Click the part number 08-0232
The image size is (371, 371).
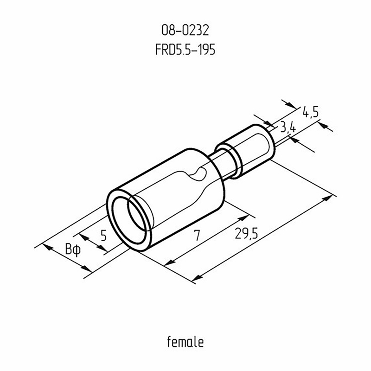(185, 31)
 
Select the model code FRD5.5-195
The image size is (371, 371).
(185, 50)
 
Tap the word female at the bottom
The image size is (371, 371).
(185, 342)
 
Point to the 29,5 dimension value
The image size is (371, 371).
(246, 233)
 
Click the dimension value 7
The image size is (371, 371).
(197, 236)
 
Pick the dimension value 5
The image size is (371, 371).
(103, 236)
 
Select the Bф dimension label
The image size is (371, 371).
(73, 249)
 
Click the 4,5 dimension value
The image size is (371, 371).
(311, 112)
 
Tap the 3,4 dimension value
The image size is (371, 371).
(288, 128)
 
